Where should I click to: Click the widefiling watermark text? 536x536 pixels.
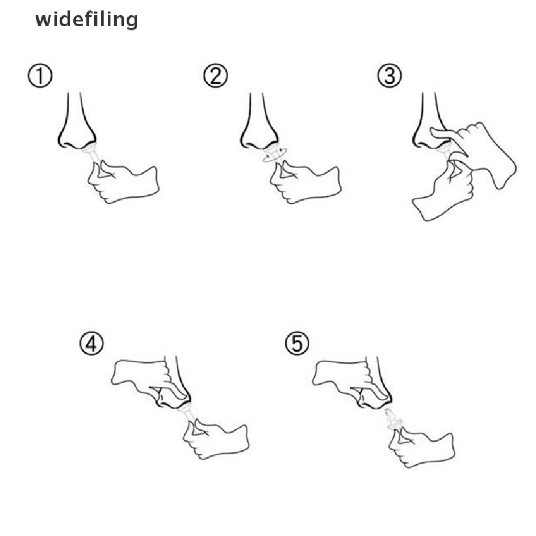tap(86, 20)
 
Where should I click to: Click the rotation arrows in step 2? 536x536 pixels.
tap(272, 155)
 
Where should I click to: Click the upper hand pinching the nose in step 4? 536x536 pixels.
tap(144, 379)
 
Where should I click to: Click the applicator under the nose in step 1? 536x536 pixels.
tap(93, 154)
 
